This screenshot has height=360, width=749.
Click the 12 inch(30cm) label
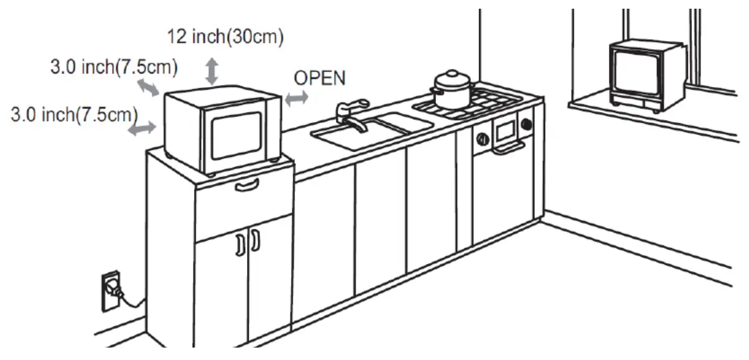[x=225, y=38]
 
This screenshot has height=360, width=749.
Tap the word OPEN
[x=320, y=78]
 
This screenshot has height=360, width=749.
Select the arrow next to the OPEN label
[x=296, y=98]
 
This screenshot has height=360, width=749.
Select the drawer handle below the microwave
[x=247, y=185]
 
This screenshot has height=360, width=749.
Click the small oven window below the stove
[x=505, y=129]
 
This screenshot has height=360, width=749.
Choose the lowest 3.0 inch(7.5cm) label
[x=74, y=114]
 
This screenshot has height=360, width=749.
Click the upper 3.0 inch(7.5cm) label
[x=114, y=67]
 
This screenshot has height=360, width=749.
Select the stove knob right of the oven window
[x=526, y=124]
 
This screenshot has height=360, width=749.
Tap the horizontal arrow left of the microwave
[x=142, y=128]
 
